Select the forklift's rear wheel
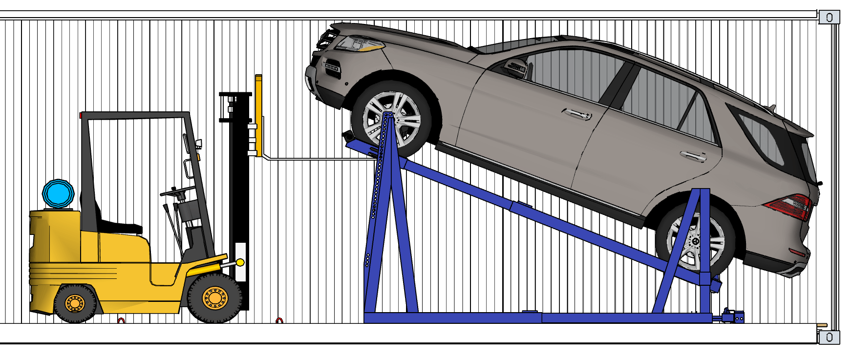pyautogui.click(x=75, y=303)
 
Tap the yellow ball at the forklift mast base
pyautogui.click(x=240, y=263)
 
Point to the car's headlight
pyautogui.click(x=360, y=44)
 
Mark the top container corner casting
pyautogui.click(x=829, y=18)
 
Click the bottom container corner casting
pyautogui.click(x=829, y=337)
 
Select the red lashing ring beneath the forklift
pyautogui.click(x=121, y=321)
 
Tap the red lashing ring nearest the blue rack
pyautogui.click(x=279, y=321)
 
